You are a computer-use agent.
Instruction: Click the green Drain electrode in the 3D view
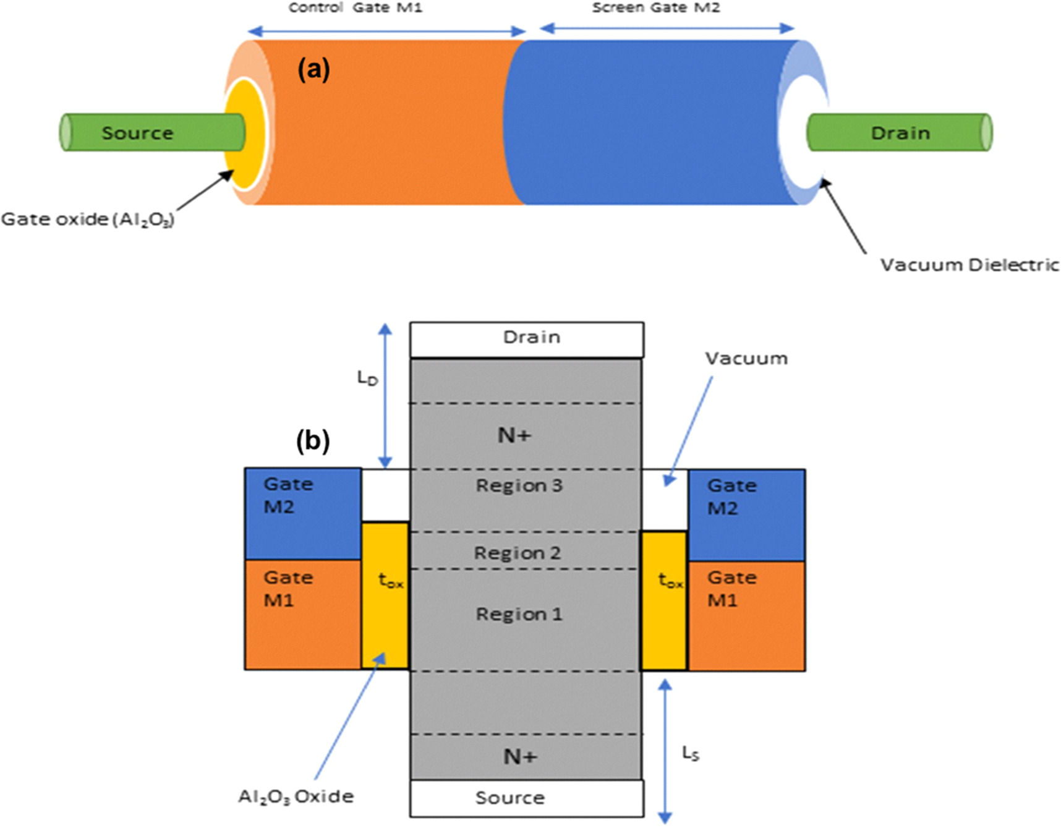pos(900,132)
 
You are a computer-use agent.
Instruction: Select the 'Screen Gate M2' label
pos(655,8)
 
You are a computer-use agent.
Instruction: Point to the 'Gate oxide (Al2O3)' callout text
pos(88,220)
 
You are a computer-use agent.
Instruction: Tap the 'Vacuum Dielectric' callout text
pos(969,265)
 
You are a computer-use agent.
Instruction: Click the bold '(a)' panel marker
pos(313,70)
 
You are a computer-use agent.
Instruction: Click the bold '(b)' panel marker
pos(313,441)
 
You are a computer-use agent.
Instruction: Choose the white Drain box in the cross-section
pos(527,338)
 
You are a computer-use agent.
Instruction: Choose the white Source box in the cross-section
pos(527,798)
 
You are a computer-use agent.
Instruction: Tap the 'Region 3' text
pos(519,485)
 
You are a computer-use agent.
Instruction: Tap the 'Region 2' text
pos(518,552)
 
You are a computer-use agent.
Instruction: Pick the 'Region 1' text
pos(519,614)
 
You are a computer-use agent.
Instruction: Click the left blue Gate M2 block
pos(303,513)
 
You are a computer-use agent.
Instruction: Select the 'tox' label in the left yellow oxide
pos(390,581)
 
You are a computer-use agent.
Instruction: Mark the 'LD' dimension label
pos(367,378)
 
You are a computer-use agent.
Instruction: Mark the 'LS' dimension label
pos(691,753)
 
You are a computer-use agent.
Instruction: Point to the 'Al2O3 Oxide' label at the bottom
pos(296,796)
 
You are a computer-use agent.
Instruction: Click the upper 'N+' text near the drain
pos(514,435)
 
